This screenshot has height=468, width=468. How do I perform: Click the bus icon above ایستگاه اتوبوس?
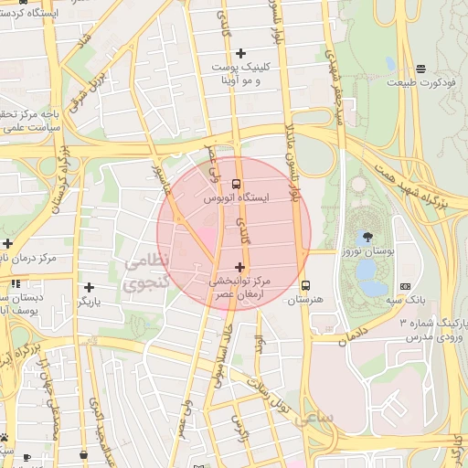click(238, 185)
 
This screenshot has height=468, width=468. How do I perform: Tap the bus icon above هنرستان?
click(305, 285)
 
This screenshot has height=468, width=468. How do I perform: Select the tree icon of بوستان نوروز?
click(367, 236)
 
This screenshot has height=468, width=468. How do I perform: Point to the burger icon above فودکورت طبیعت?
click(420, 69)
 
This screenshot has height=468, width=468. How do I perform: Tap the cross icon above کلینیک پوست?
click(240, 53)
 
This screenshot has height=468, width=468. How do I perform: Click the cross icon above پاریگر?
click(75, 286)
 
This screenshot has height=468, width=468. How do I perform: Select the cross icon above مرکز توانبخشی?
click(239, 267)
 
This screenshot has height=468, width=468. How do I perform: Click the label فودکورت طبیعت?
click(420, 83)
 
